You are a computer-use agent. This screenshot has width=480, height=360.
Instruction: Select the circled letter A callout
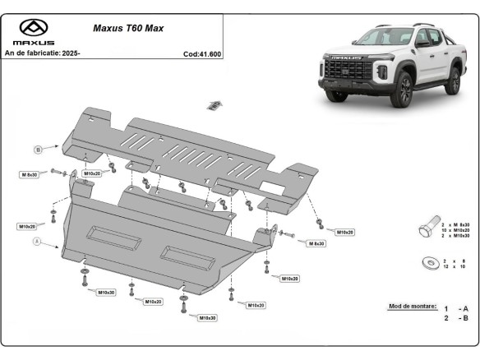click(37, 242)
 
